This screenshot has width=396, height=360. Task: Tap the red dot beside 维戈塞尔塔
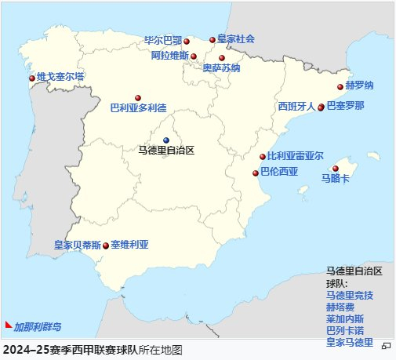pyautogui.click(x=32, y=78)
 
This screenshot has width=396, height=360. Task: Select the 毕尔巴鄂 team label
pyautogui.click(x=163, y=39)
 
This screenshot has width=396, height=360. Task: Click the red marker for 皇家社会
pyautogui.click(x=212, y=39)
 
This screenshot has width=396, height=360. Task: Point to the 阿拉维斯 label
pyautogui.click(x=169, y=56)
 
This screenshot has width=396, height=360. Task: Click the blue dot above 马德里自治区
pyautogui.click(x=166, y=140)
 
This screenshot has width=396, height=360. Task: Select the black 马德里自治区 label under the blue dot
pyautogui.click(x=165, y=150)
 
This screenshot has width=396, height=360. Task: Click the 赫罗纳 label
pyautogui.click(x=360, y=85)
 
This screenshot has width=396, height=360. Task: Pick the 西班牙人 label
pyautogui.click(x=296, y=106)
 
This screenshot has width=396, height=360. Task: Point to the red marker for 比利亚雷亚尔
pyautogui.click(x=263, y=157)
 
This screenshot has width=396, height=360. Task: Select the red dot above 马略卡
pyautogui.click(x=336, y=169)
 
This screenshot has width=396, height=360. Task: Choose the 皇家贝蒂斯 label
pyautogui.click(x=77, y=245)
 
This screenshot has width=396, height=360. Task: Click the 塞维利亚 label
pyautogui.click(x=129, y=245)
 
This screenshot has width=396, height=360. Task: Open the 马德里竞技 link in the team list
pyautogui.click(x=350, y=296)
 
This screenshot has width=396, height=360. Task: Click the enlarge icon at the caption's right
pyautogui.click(x=386, y=345)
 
